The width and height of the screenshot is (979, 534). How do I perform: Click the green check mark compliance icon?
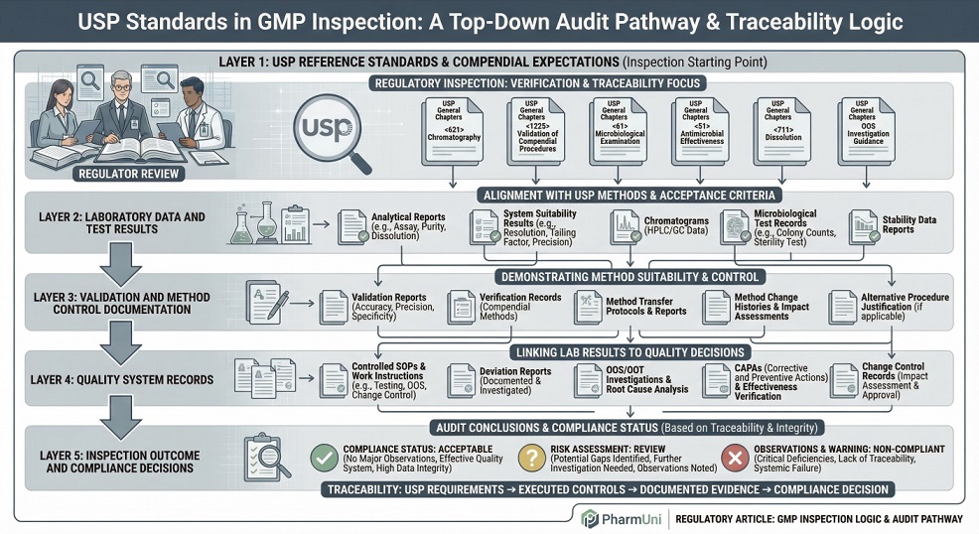click(323, 458)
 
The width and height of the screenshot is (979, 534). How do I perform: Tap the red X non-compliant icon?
click(735, 458)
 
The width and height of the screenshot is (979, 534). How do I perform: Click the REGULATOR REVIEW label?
click(130, 175)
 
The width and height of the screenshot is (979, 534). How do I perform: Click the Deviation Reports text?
click(514, 376)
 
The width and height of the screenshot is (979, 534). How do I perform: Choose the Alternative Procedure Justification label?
click(904, 305)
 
